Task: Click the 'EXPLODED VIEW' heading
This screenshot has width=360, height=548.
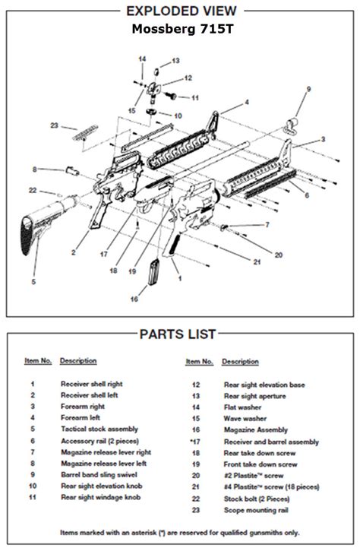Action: click(x=179, y=10)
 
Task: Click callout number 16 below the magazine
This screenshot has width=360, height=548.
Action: click(x=134, y=299)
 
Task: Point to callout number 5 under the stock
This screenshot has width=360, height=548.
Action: click(x=33, y=282)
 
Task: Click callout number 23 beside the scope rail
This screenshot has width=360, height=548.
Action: click(x=54, y=125)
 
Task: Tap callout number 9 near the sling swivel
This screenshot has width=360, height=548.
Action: click(x=308, y=90)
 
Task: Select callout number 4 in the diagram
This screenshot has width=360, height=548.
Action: click(x=247, y=102)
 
